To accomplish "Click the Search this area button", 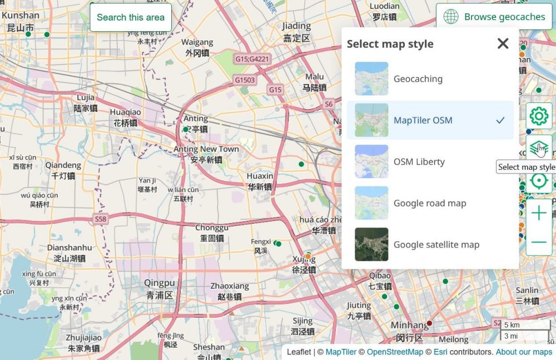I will (131, 17).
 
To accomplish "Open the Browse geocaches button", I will (494, 17).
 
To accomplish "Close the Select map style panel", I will (503, 43).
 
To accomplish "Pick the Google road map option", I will (430, 203).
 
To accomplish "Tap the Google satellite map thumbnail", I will (371, 244).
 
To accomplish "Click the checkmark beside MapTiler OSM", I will (500, 120).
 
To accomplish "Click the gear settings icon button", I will (539, 116).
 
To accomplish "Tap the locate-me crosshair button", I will (539, 181).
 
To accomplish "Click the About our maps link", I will (524, 352).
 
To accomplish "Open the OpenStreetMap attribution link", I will (395, 352).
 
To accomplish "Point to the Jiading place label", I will (296, 26).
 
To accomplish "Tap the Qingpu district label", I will (160, 282).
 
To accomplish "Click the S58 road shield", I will (100, 219).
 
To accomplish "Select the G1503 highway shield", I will (245, 80).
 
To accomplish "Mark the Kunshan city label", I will (21, 16).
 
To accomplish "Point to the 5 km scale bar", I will (525, 325).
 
